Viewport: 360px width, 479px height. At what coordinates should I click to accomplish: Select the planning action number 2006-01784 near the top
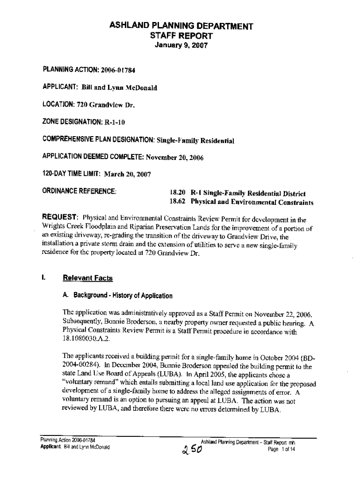point(115,70)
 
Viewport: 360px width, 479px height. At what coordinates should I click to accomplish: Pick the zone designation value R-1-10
point(114,122)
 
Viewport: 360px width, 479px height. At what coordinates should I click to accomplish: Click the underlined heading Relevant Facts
point(88,278)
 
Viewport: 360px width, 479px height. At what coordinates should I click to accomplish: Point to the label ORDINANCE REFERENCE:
point(79,191)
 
